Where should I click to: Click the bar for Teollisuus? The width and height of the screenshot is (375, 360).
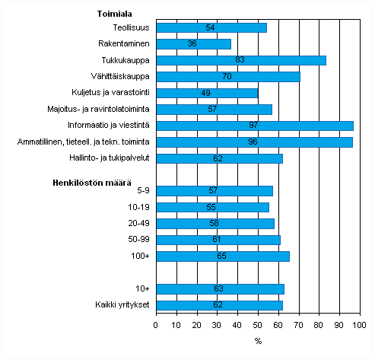[211, 27]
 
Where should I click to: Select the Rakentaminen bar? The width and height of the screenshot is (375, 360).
[193, 44]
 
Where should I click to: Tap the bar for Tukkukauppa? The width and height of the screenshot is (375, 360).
[240, 60]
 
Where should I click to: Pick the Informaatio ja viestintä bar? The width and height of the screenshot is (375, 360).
[254, 126]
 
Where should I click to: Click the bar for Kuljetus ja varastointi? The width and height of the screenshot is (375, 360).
[206, 93]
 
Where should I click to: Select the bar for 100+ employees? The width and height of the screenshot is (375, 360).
[222, 256]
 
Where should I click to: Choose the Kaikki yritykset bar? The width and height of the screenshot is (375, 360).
[219, 305]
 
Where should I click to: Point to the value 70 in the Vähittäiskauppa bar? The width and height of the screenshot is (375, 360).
[227, 77]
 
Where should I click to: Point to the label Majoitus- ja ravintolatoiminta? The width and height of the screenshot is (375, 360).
[99, 110]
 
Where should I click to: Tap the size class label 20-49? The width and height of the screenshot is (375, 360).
[138, 224]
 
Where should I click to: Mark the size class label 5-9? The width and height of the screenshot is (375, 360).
[141, 191]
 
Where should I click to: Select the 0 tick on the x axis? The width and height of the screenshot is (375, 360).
[156, 326]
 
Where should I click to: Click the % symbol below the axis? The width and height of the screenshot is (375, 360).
[258, 341]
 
